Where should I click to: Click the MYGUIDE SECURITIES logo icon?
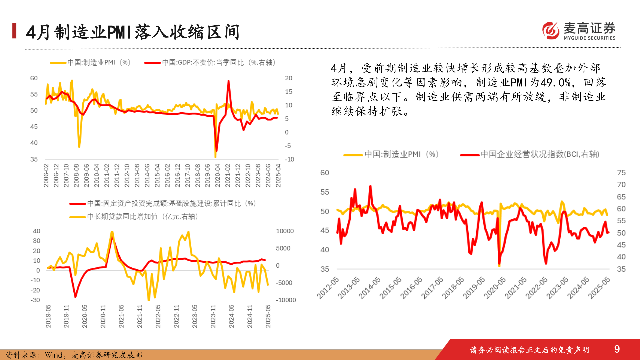pos(551,31)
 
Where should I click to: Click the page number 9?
pos(617,349)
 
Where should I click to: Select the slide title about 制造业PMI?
pos(133,32)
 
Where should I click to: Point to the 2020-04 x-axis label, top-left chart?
pos(217,175)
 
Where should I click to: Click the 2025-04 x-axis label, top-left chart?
pos(278,175)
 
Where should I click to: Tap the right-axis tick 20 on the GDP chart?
pos(288,78)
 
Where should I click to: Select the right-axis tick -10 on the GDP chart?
pos(289,159)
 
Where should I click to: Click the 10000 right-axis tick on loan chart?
pos(285,231)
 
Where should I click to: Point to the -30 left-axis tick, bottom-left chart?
pos(35,300)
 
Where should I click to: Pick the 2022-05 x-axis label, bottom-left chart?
pos(158,316)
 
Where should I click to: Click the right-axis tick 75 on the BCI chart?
pos(621,173)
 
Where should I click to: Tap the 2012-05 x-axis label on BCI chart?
pos(328,288)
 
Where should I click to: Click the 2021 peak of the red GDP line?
pos(229,81)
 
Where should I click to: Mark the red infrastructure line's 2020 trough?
pos(75,296)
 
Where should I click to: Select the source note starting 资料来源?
pos(74,355)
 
